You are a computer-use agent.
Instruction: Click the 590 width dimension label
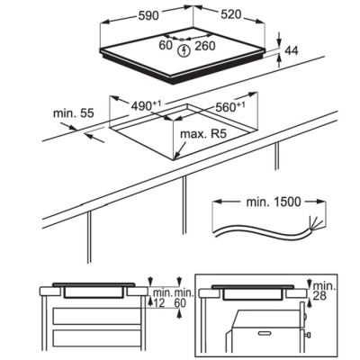click(x=148, y=15)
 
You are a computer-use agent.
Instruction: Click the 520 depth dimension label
click(x=231, y=14)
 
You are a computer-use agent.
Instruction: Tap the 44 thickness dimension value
click(x=292, y=50)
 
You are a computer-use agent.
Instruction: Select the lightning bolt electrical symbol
click(x=184, y=51)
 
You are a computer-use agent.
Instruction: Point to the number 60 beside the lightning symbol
click(x=166, y=45)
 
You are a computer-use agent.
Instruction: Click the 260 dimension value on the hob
click(x=205, y=46)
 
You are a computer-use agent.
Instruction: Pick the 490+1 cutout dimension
click(x=146, y=105)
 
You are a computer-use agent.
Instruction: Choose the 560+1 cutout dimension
click(x=230, y=106)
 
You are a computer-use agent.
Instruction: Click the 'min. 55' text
click(x=74, y=113)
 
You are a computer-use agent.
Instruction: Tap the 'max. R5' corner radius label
click(x=202, y=133)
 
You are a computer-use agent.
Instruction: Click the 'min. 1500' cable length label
click(x=274, y=202)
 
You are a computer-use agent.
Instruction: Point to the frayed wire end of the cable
click(x=314, y=223)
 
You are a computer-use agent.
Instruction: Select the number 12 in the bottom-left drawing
click(x=159, y=303)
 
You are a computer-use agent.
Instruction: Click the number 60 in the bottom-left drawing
click(x=180, y=303)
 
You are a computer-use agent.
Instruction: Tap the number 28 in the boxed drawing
click(x=319, y=296)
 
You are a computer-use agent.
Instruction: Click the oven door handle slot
click(x=265, y=333)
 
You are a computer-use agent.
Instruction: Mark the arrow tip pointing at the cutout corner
click(x=175, y=157)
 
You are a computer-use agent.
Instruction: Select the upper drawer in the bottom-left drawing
click(x=97, y=316)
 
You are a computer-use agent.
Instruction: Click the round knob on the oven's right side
click(x=304, y=316)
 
